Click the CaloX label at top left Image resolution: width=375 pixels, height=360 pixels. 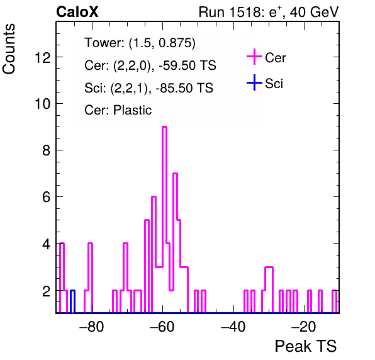point(77,12)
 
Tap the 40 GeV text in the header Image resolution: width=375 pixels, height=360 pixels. point(314,12)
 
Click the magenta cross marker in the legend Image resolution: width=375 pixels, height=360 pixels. point(254,57)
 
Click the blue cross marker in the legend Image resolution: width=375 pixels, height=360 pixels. point(254,82)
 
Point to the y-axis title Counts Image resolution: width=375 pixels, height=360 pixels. point(9,49)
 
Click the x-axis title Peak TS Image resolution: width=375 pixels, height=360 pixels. point(306,346)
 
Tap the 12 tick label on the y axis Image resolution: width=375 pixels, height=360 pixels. point(43,57)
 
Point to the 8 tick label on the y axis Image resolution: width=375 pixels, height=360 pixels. point(47,150)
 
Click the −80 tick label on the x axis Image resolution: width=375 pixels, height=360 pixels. point(92,327)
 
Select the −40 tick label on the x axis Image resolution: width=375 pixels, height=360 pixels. point(233,327)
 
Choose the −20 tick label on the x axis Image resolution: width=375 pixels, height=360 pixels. point(303,327)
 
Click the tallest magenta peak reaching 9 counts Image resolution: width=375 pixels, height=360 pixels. point(165,127)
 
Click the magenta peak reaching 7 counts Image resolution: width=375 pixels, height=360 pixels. point(175,174)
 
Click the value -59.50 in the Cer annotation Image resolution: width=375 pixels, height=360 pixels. point(176,65)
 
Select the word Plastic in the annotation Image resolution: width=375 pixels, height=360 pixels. point(132,110)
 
